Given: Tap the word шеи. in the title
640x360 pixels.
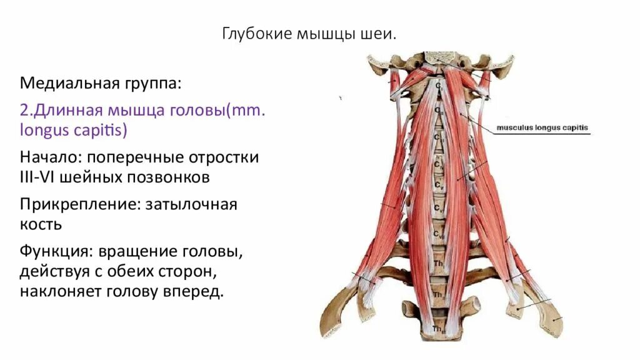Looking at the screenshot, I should (x=379, y=34).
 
